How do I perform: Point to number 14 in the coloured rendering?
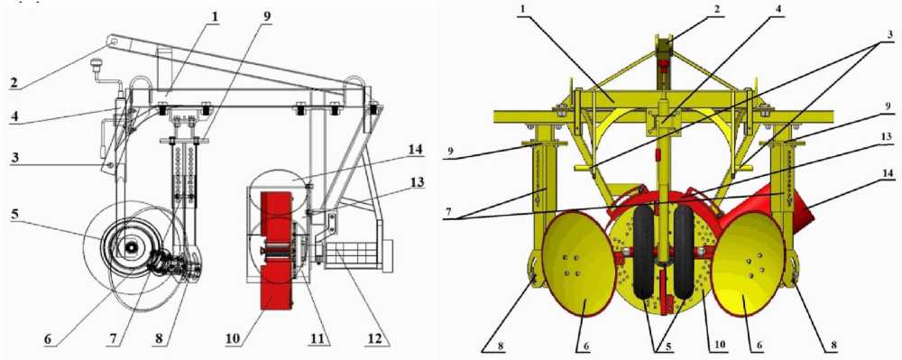tap(890, 182)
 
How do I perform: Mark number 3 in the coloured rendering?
tap(890, 34)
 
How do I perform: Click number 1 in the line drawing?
tap(216, 16)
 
